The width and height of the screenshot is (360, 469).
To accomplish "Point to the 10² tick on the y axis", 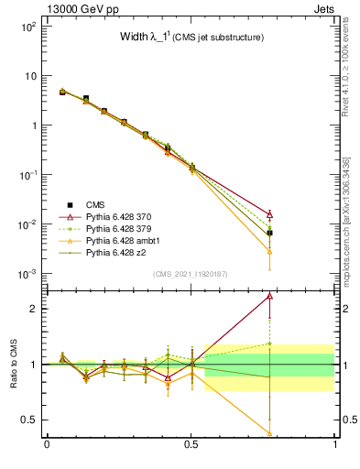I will coord(27,27).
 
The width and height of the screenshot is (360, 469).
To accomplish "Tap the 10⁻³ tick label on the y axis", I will coord(27,274).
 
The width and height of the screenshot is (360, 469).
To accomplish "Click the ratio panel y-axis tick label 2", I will coord(34,309).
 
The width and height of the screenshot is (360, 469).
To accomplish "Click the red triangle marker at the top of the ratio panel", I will coord(269,296).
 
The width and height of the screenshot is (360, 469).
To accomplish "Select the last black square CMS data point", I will coord(269,233).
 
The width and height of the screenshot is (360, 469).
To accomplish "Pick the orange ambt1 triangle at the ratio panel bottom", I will coord(269,433).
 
